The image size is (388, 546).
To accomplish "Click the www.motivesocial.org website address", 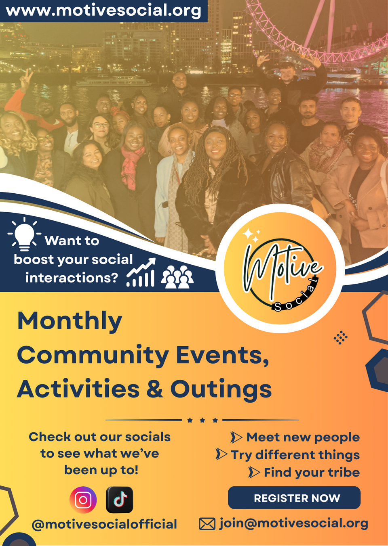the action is (x=103, y=10).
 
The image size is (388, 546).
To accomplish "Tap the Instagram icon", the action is (x=83, y=500).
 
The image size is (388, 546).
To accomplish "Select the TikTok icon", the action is (x=119, y=500).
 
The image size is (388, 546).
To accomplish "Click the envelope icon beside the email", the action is (x=207, y=524).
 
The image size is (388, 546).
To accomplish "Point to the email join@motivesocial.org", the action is (x=294, y=523).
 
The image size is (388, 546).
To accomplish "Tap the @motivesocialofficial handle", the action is (x=104, y=524).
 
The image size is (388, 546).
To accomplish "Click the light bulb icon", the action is (x=24, y=234).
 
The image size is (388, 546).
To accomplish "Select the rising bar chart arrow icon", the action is (x=141, y=272).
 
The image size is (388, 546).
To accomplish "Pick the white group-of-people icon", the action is (x=177, y=277).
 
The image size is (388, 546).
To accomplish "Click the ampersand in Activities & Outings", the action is (x=154, y=388).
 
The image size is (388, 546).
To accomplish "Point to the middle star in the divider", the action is (x=202, y=420).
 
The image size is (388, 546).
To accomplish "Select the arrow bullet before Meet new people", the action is (x=236, y=437).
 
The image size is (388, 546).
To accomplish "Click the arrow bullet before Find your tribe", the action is (x=254, y=472).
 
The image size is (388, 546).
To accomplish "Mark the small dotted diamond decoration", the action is (x=341, y=338).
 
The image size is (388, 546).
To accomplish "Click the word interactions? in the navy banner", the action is (x=72, y=278).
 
